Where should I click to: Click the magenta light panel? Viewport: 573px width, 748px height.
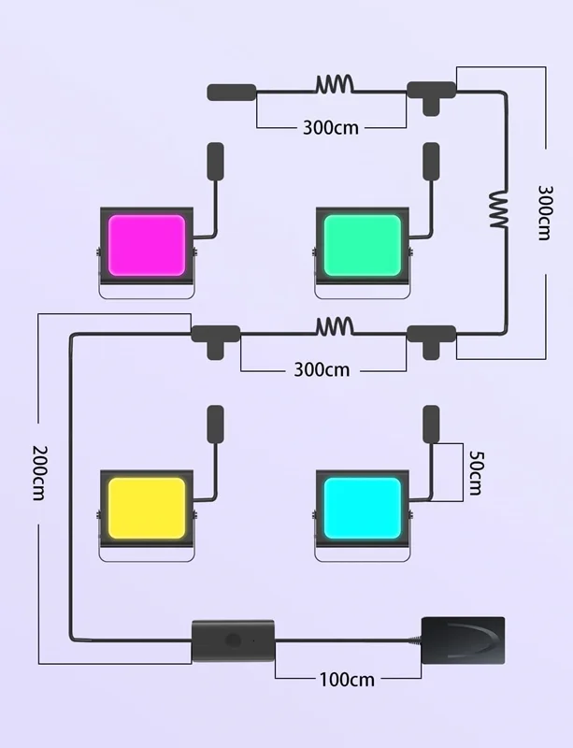147,245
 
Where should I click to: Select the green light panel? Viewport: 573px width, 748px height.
362,245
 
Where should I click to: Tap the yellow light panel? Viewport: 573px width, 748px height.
147,508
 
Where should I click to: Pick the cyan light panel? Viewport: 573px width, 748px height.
362,508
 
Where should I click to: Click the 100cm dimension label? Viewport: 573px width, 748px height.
347,680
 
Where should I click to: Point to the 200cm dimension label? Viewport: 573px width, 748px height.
40,473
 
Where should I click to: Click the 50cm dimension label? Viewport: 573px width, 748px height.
475,473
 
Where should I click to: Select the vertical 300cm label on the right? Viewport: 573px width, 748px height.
545,213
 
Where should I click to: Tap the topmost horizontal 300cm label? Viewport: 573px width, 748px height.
331,128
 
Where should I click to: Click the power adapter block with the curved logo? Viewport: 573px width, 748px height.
463,640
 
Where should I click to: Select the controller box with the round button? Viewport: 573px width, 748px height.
234,641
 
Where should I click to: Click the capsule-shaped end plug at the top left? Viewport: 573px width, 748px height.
232,92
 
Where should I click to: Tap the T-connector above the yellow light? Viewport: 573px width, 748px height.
216,339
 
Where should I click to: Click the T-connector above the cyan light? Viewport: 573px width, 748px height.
431,339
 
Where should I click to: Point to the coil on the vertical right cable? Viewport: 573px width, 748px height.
498,209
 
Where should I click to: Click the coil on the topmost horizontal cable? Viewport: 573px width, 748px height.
335,84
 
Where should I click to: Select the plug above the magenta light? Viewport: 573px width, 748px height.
216,161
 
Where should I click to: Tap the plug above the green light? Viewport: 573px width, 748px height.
431,161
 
